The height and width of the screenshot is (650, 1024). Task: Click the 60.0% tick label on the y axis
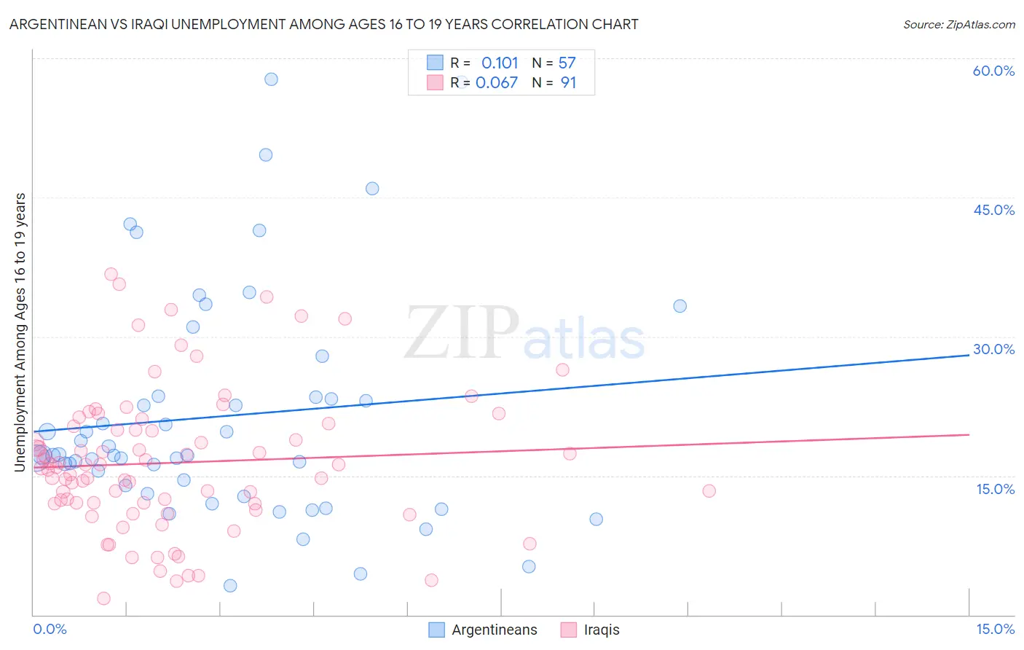point(993,71)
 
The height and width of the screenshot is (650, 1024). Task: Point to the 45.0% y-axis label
point(993,210)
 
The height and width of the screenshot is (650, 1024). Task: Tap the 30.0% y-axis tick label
point(993,349)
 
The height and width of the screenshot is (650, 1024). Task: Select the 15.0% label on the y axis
point(995,489)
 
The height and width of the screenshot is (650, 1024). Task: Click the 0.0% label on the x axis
point(50,629)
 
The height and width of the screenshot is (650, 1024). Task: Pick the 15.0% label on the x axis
point(995,629)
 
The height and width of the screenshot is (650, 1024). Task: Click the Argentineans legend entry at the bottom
point(494,630)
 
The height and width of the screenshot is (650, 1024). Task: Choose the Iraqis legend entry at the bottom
point(601,630)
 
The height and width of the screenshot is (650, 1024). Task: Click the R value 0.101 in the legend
point(500,63)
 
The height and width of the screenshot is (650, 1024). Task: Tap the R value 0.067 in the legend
point(497,83)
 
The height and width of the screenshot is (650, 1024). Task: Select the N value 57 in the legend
point(567,63)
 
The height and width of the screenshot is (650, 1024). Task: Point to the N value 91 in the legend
point(568,83)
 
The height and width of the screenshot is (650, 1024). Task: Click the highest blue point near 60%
point(271,79)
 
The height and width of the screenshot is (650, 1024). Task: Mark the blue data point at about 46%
point(372,189)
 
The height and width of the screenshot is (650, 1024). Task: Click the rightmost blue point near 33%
point(680,306)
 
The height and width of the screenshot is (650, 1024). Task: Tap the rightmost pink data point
point(709,491)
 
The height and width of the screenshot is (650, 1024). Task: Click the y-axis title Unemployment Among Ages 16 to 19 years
point(20,332)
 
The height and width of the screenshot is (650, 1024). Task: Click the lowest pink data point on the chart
point(103,598)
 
